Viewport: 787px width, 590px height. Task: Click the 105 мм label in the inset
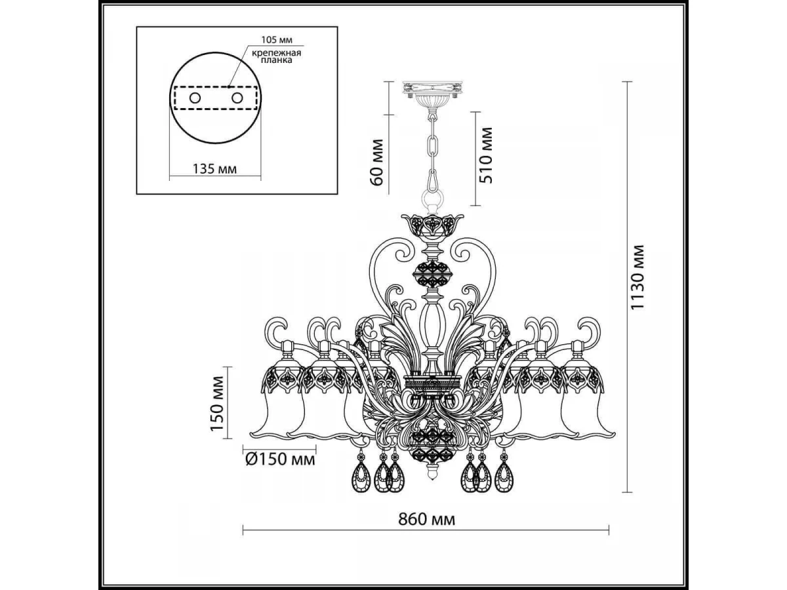[x=277, y=39]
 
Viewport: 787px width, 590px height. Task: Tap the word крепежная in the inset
[x=276, y=53]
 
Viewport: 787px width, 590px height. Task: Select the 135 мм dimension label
[x=214, y=168]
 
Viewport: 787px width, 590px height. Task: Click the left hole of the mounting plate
[x=195, y=98]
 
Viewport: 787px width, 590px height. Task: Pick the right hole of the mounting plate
[x=237, y=98]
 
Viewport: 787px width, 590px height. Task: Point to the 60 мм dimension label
[x=377, y=163]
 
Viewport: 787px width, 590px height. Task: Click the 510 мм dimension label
[x=486, y=155]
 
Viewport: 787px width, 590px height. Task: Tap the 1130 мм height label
[x=638, y=277]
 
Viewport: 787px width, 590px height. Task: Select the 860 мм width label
[x=427, y=519]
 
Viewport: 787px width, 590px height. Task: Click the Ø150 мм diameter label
[x=281, y=460]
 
